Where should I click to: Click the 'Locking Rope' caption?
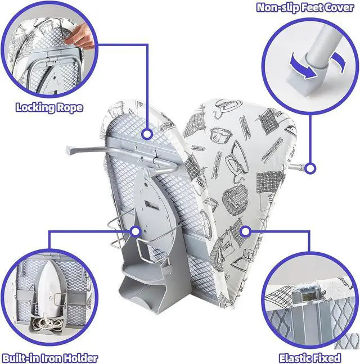pos(49,107)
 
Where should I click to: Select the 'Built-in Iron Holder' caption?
pos(49,357)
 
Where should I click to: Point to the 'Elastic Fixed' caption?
pos(310,357)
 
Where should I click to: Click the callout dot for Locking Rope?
pos(147,134)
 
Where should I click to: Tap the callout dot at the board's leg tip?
pos(311,167)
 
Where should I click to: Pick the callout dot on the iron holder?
pos(135,231)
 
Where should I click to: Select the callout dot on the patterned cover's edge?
pos(245,231)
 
